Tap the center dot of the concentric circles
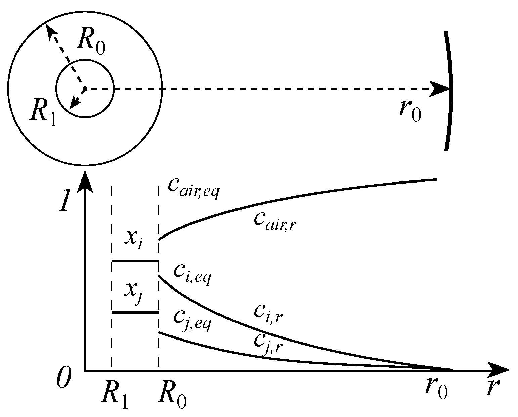coord(85,88)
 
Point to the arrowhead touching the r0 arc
coord(441,89)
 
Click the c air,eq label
coord(193,190)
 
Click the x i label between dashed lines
coord(134,240)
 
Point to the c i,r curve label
coord(269,314)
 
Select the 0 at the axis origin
coord(63,377)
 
